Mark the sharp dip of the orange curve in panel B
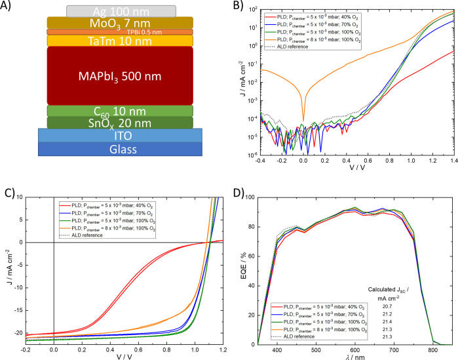pyautogui.click(x=303, y=119)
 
